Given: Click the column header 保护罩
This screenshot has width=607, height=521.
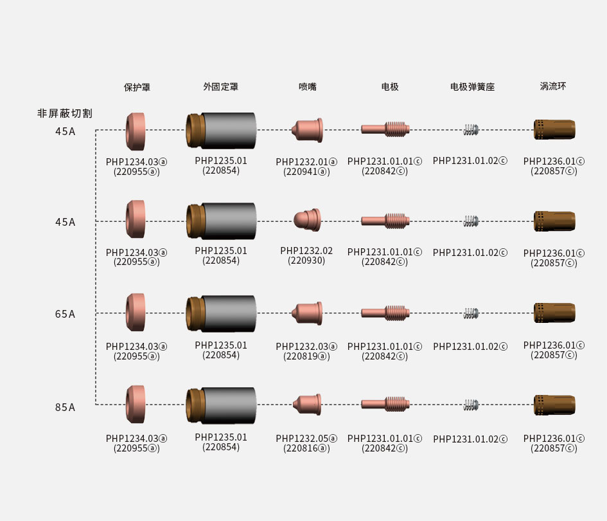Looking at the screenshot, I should [137, 87].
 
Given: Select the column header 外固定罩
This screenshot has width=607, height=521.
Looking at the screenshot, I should [220, 87].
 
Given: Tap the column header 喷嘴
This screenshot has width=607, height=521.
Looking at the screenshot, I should [307, 87].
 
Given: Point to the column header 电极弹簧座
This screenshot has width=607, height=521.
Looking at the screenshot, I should [471, 87].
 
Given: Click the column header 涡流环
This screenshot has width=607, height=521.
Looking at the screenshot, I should [553, 86].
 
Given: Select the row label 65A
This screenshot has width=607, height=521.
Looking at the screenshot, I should [65, 314].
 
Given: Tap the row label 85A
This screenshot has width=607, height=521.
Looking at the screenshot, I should [65, 407].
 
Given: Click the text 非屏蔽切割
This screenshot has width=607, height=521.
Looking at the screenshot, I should [64, 113].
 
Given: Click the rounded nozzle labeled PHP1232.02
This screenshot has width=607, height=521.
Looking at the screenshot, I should [307, 220].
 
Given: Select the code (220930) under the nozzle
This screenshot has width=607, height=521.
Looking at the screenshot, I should [306, 260].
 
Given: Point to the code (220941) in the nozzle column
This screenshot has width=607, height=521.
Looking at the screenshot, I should [306, 172].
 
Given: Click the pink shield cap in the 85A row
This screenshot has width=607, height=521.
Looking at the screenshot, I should [136, 403].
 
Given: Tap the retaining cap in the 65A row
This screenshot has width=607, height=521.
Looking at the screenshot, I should [221, 313].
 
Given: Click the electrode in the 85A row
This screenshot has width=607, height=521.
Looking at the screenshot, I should [385, 404].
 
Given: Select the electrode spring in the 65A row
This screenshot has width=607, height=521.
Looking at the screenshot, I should [471, 313].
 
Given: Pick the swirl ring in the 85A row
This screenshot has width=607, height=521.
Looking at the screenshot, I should [554, 404].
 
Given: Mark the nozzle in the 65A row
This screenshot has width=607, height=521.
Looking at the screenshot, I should [306, 313].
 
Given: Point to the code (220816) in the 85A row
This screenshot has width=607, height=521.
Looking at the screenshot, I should [306, 448].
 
